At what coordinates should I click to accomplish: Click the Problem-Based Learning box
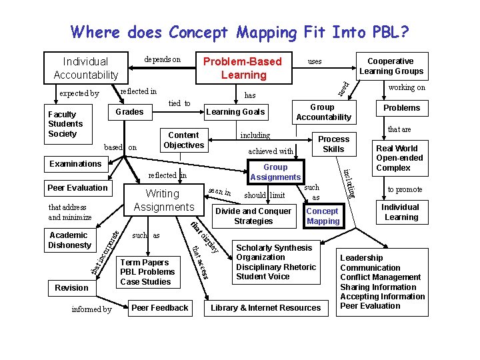coord(243,67)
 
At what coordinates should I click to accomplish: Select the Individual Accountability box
coord(86,68)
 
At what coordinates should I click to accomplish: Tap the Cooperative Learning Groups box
coord(391,66)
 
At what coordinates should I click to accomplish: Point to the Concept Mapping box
coord(323,216)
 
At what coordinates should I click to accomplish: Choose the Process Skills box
coord(333,144)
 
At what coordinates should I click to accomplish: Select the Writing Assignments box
coord(163,200)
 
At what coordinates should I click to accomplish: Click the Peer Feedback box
coord(160,307)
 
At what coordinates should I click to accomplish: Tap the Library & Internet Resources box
coord(266,308)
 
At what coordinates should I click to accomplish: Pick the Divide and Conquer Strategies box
coord(253,216)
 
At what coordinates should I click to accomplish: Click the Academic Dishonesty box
coord(69,240)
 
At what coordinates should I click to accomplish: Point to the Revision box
coord(71,287)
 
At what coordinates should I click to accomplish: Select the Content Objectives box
coord(183,140)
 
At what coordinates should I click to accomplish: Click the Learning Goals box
coord(235,112)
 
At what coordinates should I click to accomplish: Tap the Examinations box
coord(75,164)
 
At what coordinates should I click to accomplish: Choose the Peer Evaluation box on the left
coord(77,187)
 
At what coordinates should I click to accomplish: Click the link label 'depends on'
coord(162,60)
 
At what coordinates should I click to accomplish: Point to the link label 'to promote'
coord(405,190)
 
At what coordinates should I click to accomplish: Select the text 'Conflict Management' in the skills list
coord(379,277)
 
